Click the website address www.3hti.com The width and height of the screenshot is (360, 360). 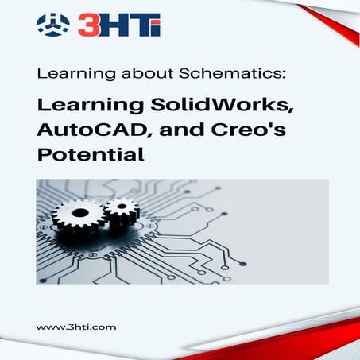point(76,327)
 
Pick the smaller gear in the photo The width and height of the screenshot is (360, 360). point(121,211)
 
